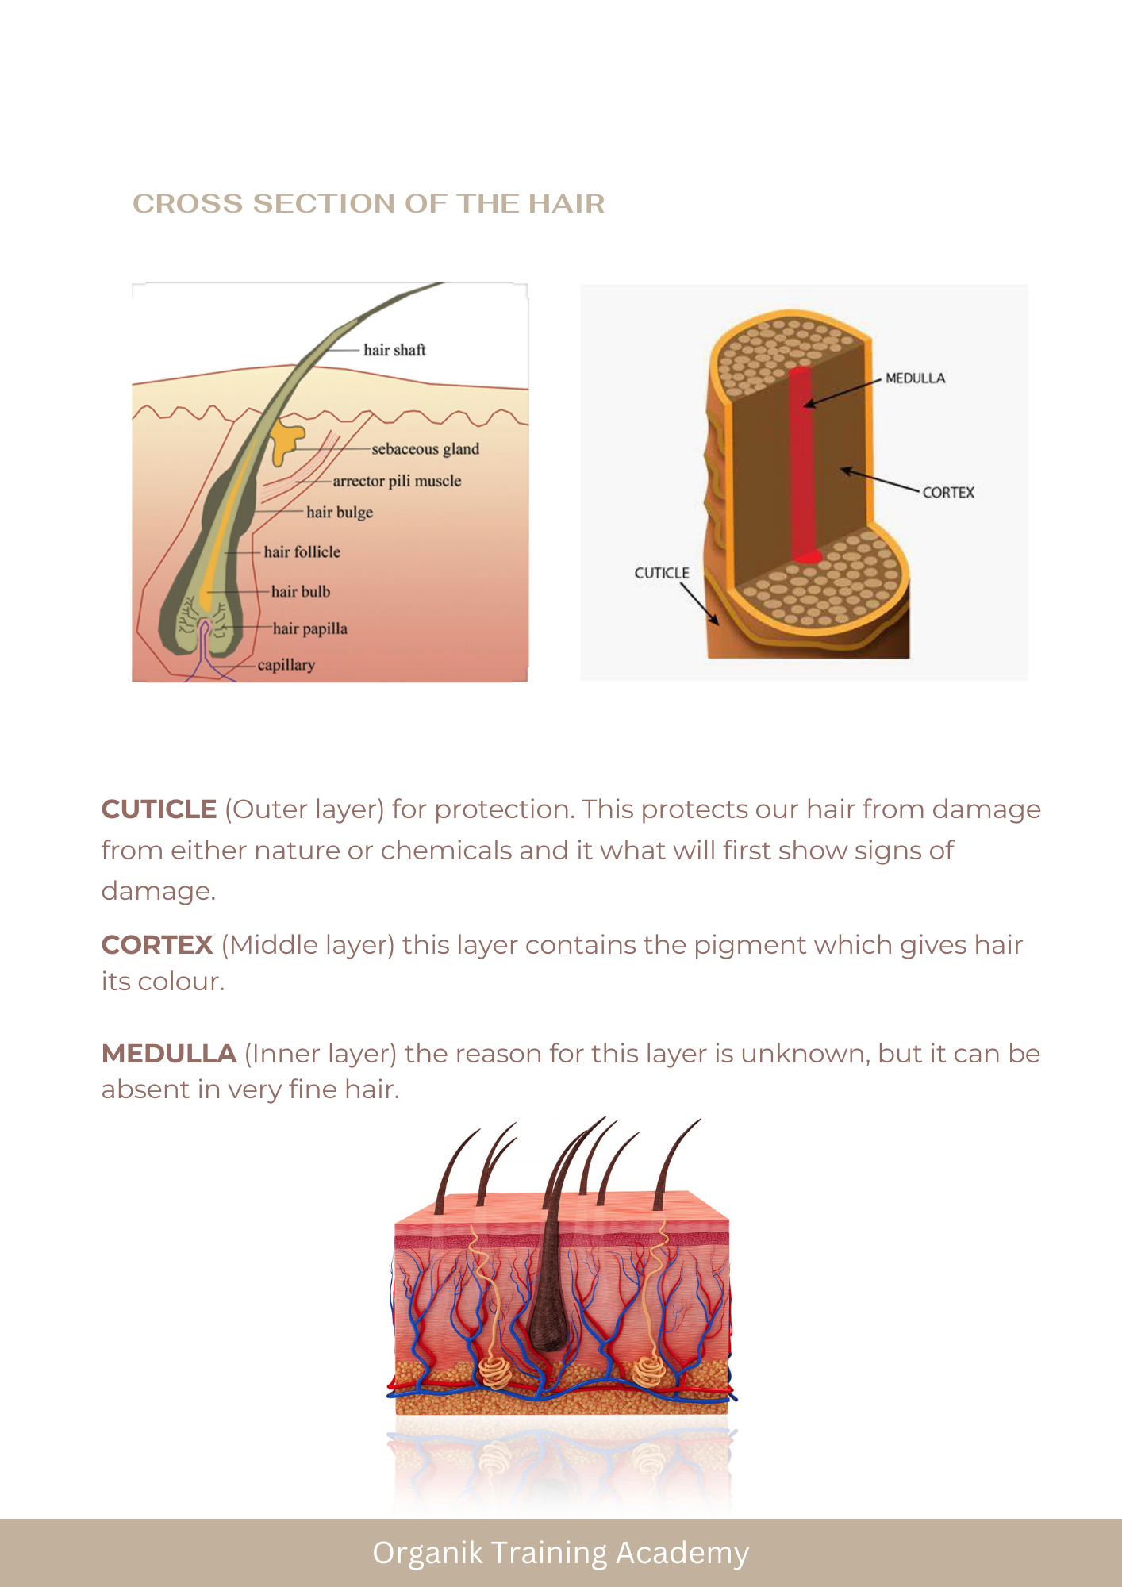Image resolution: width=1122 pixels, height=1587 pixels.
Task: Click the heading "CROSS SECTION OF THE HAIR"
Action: click(x=369, y=204)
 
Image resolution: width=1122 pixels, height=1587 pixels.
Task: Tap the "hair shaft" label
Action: click(x=394, y=350)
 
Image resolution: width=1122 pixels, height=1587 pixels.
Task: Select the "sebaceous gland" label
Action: click(x=425, y=449)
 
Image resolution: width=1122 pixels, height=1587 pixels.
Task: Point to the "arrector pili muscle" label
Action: click(x=397, y=481)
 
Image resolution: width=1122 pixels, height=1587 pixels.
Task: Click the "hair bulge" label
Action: click(x=340, y=513)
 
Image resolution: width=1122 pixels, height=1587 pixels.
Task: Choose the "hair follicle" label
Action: click(x=302, y=551)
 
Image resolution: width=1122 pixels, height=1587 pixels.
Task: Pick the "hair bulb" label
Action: click(x=301, y=591)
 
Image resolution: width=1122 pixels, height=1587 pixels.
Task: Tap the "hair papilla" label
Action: click(x=310, y=628)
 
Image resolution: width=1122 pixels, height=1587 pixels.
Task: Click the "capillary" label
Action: click(x=286, y=665)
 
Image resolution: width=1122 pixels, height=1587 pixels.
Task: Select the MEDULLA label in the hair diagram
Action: click(x=916, y=378)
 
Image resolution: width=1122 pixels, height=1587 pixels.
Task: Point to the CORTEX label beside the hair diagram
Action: click(x=948, y=493)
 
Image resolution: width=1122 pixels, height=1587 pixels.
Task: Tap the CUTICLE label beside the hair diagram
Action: click(x=662, y=573)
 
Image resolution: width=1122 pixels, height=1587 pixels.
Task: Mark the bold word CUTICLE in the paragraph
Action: click(x=159, y=809)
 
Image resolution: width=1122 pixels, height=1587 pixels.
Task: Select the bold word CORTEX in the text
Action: click(x=157, y=945)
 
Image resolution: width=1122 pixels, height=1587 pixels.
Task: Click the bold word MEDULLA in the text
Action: click(x=169, y=1054)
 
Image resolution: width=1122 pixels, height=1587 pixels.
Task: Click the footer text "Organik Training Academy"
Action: click(x=561, y=1553)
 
